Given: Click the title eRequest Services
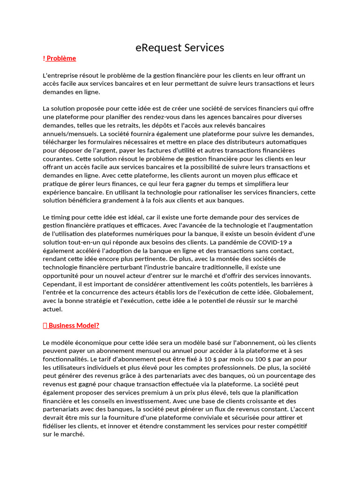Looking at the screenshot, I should [180, 47].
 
